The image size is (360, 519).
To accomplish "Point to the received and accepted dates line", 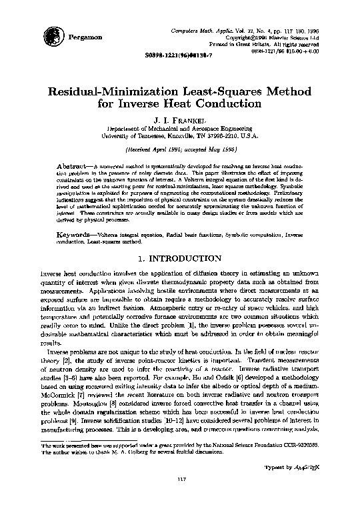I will click(179, 150).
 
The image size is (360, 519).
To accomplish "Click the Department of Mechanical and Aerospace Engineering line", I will click(179, 131).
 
